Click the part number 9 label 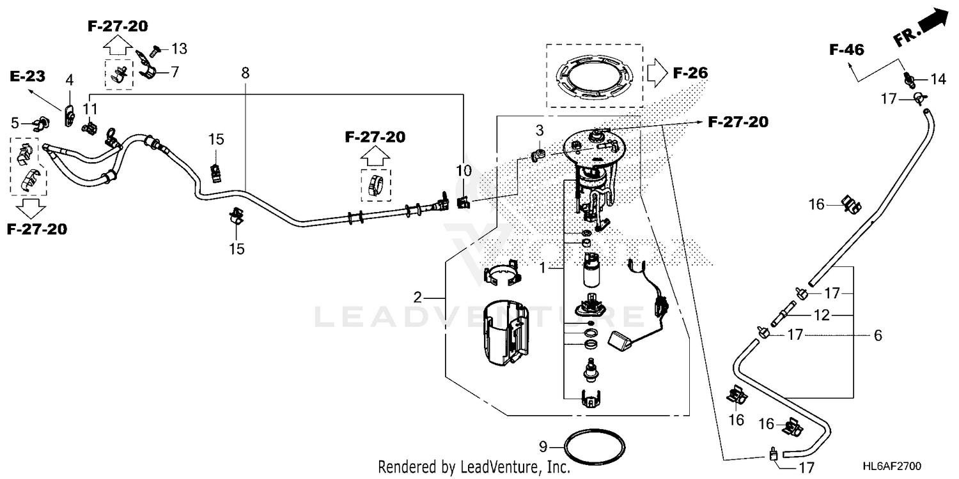coord(543,446)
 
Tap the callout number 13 coord(180,49)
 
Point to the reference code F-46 coord(847,49)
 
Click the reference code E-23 coord(27,77)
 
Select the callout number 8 coord(246,73)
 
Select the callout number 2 coord(417,297)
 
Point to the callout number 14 coord(938,79)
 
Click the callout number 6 coord(878,335)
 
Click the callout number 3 coord(539,131)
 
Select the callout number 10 coord(464,171)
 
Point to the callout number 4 coord(69,80)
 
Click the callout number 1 coord(543,269)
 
